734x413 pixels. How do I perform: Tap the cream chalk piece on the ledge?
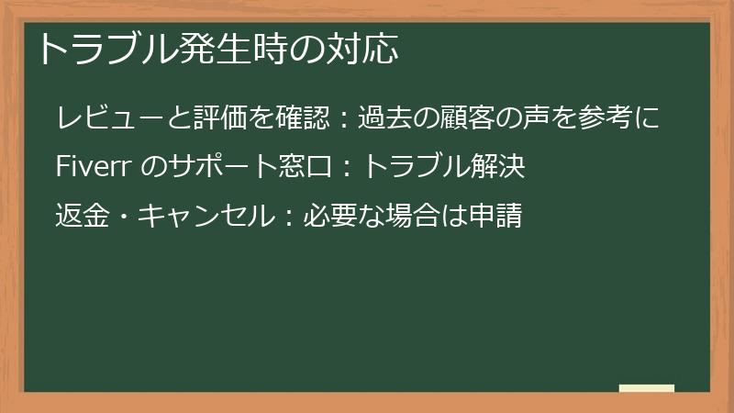click(x=647, y=388)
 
